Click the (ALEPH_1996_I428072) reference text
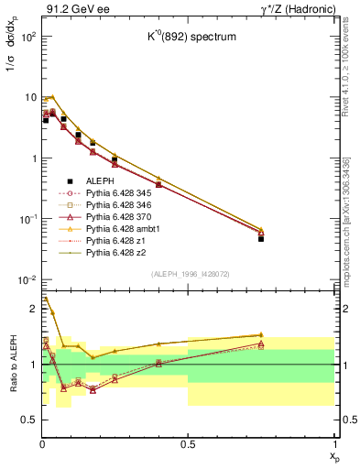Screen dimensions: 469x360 point(188,274)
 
